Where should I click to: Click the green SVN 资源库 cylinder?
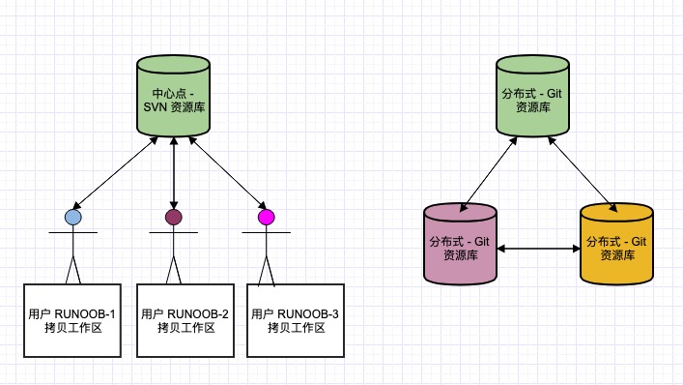click(x=173, y=97)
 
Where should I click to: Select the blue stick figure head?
click(x=73, y=218)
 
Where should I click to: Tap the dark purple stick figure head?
click(x=173, y=218)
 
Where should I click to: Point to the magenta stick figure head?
click(x=267, y=218)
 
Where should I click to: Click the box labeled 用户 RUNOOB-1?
click(x=72, y=321)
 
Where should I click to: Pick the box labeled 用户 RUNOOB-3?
click(x=296, y=321)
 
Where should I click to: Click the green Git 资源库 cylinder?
click(x=532, y=97)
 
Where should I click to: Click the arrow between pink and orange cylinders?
click(x=538, y=250)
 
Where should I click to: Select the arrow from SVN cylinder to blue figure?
click(x=116, y=171)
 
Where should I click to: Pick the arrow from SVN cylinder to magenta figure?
click(x=226, y=171)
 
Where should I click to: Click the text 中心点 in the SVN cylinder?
click(x=158, y=92)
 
